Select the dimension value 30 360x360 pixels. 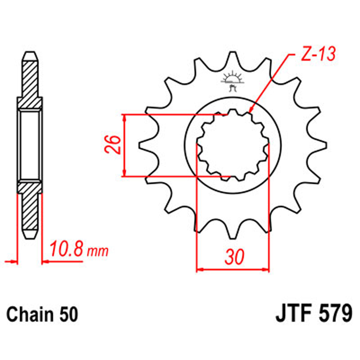pyautogui.click(x=233, y=257)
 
